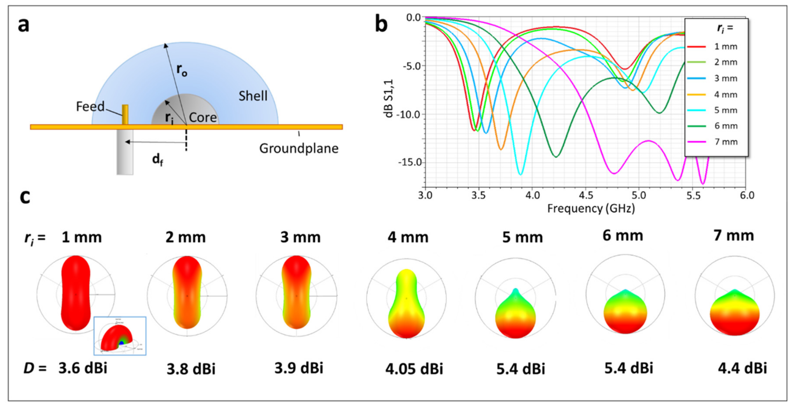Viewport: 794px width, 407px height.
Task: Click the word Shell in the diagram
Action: tap(253, 96)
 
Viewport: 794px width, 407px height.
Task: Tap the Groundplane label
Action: tap(298, 148)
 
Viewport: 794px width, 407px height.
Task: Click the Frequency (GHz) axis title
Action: tap(591, 208)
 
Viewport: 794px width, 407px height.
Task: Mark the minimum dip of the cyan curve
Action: tap(520, 174)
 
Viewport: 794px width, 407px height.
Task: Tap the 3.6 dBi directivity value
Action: tap(83, 368)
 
